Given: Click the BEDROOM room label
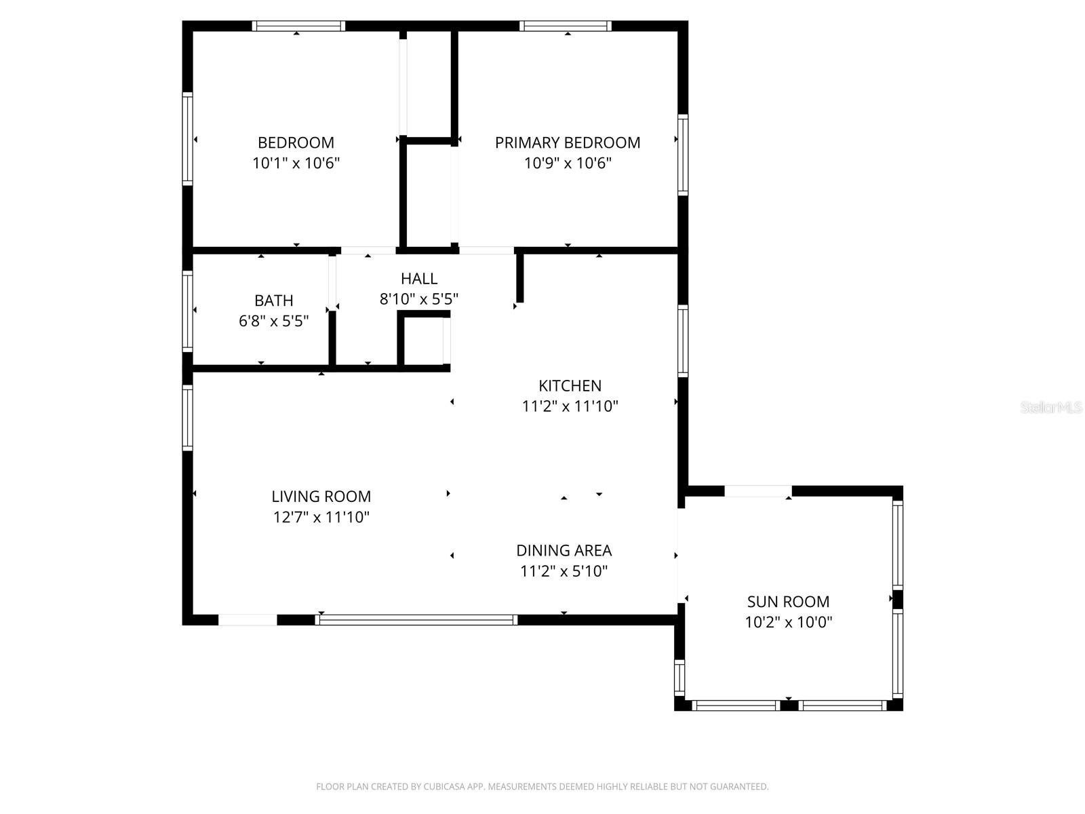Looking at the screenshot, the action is click(x=296, y=142).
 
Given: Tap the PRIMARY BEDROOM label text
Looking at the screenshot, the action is click(x=568, y=142).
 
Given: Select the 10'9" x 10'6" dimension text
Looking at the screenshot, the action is click(x=568, y=163).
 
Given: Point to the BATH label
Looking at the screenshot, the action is click(x=273, y=300).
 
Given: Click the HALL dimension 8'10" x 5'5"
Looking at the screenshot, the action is click(x=418, y=298).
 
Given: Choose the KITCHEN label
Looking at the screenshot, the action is click(x=570, y=385).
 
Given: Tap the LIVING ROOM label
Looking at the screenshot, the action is click(x=321, y=496).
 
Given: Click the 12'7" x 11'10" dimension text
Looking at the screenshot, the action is click(x=321, y=517).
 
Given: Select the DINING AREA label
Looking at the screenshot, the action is click(x=564, y=550).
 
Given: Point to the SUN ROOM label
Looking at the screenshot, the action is click(x=788, y=602).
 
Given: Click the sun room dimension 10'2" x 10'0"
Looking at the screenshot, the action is click(x=788, y=622).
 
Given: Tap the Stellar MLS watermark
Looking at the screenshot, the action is click(x=1051, y=407).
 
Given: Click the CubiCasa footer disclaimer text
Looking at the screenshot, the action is click(x=542, y=786).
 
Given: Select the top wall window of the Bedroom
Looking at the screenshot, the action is click(x=298, y=26).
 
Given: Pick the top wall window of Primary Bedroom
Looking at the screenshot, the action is click(x=565, y=26).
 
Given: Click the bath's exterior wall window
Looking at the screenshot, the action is click(x=187, y=311).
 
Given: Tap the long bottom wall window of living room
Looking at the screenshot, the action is click(x=416, y=620).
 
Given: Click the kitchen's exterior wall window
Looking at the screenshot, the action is click(x=683, y=341).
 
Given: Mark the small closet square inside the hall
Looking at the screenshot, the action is click(x=424, y=341).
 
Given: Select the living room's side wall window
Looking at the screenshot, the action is click(x=187, y=418).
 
